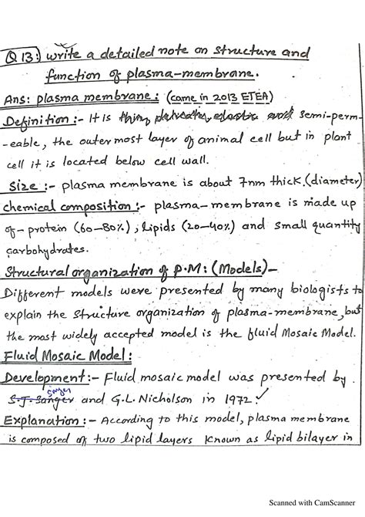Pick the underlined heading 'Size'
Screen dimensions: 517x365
tap(26, 186)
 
